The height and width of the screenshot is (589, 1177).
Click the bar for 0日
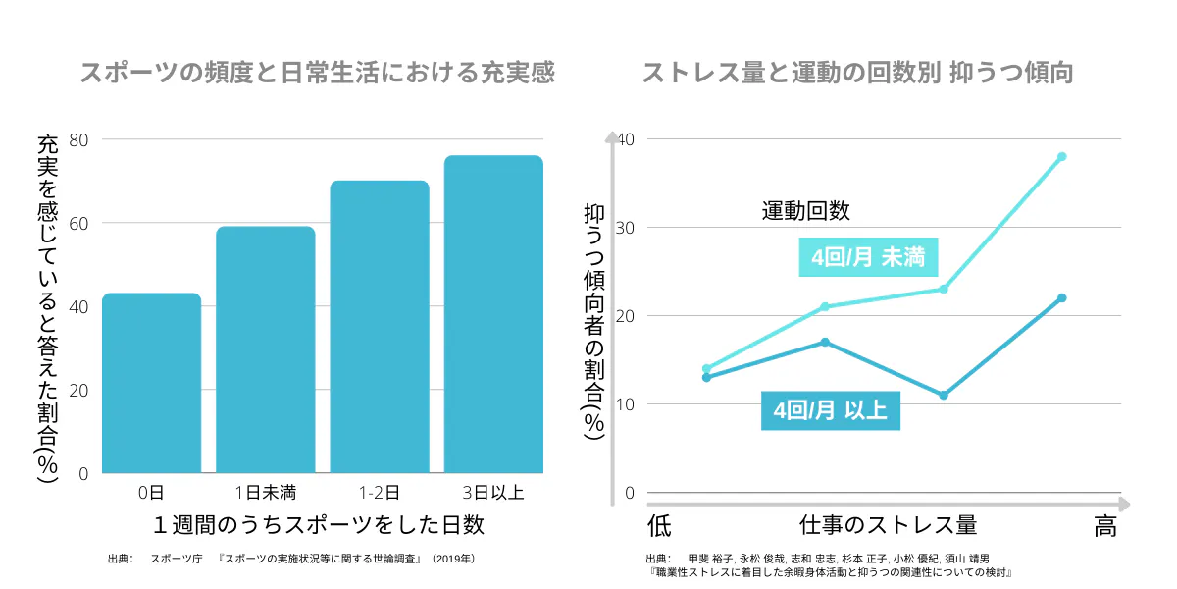[151, 383]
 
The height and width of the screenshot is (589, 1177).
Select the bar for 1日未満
[265, 349]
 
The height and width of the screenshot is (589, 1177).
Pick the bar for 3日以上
[493, 314]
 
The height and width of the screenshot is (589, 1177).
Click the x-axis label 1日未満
[265, 491]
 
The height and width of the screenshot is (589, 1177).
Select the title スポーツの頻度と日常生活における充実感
[317, 74]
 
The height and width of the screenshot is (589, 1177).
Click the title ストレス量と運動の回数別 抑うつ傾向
[857, 74]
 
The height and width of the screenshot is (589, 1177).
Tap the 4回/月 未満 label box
[868, 258]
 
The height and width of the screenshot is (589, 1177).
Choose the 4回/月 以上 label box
[830, 410]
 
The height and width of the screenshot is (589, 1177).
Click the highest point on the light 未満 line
[1061, 157]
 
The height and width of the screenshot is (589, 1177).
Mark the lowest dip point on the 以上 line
[944, 396]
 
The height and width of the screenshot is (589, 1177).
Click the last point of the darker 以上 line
[1061, 298]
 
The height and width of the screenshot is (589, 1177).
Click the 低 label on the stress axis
[659, 527]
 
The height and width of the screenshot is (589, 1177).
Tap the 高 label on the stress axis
[1105, 527]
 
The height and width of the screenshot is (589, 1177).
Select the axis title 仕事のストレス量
[888, 525]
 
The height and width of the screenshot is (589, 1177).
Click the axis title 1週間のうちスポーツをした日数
[319, 525]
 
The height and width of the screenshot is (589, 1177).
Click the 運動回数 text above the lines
[805, 210]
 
